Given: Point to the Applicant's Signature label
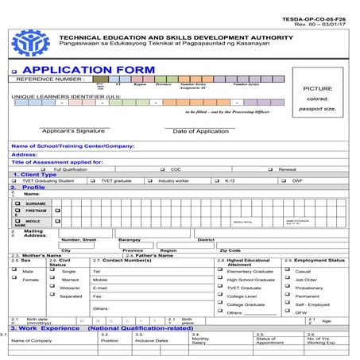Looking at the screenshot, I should pos(73,130).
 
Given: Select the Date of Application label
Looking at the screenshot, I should pos(200,131).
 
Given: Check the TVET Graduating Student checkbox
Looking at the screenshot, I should pos(15,180).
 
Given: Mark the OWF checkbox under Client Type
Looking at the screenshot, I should pos(285,180).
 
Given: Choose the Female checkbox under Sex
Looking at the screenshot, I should pos(15,279).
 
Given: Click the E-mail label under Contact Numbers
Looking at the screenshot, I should pos(100,288).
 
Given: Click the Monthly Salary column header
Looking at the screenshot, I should pos(199,339).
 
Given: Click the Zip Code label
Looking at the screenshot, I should pos(230,250).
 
